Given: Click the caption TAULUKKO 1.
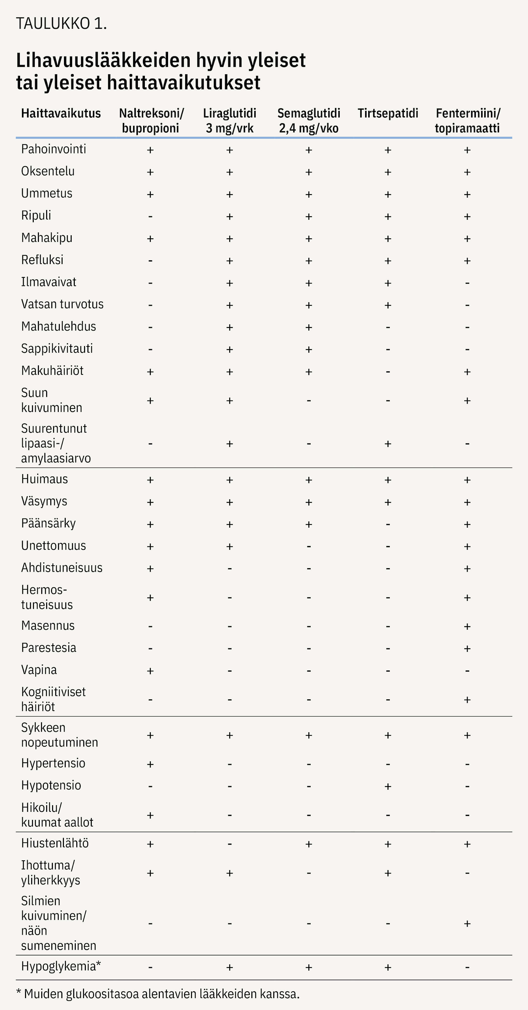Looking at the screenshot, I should (x=61, y=24).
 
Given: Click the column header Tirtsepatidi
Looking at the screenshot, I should (x=387, y=113).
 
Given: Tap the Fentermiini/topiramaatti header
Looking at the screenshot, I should (x=467, y=121).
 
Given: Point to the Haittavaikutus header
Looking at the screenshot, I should (x=61, y=113).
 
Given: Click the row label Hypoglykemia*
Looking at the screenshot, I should (x=61, y=966).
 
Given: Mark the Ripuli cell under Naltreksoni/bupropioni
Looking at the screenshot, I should (x=150, y=216).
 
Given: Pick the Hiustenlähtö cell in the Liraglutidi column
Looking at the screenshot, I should (x=229, y=844).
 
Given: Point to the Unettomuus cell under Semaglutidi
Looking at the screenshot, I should (x=309, y=546).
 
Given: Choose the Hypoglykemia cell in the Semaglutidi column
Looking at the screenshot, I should (x=309, y=967).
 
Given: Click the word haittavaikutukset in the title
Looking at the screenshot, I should (x=183, y=82).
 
